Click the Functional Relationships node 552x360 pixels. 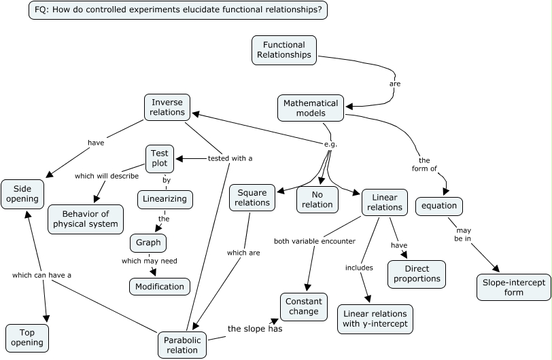click(x=284, y=50)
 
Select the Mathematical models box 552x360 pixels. click(x=311, y=108)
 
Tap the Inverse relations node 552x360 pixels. click(x=167, y=107)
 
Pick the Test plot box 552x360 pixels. click(x=159, y=159)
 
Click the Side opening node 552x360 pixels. click(x=23, y=194)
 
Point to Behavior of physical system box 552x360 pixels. click(x=86, y=219)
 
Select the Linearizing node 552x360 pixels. click(x=165, y=200)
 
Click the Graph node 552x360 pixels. click(x=148, y=242)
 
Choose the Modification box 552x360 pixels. click(x=160, y=286)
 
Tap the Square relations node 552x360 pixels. click(x=252, y=197)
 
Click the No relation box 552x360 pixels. click(x=317, y=199)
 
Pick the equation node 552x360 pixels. click(x=439, y=206)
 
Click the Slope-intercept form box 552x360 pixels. click(x=514, y=287)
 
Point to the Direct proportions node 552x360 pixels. click(x=417, y=274)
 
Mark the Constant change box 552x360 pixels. click(x=304, y=306)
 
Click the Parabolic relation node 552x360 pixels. click(x=182, y=345)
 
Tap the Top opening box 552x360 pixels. click(x=27, y=338)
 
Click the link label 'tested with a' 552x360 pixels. click(x=230, y=158)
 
